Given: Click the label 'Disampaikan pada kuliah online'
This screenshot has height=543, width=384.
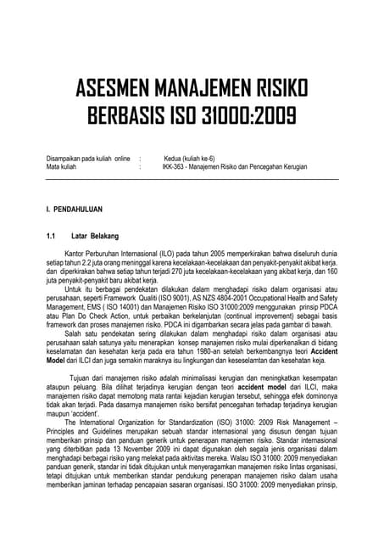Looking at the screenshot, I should [x=88, y=159].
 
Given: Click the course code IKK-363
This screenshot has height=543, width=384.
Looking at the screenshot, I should [x=175, y=167].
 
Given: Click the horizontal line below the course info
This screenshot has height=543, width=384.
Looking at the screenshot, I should [x=192, y=179].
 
